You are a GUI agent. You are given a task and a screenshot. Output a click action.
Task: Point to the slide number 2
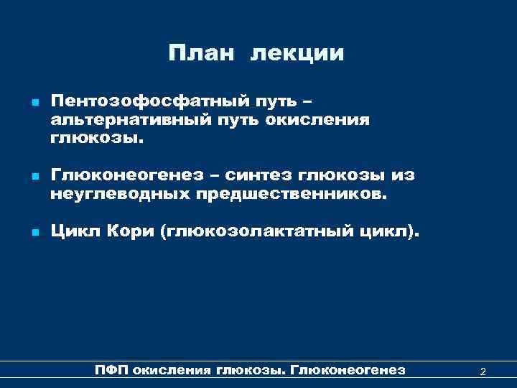click(x=483, y=371)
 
